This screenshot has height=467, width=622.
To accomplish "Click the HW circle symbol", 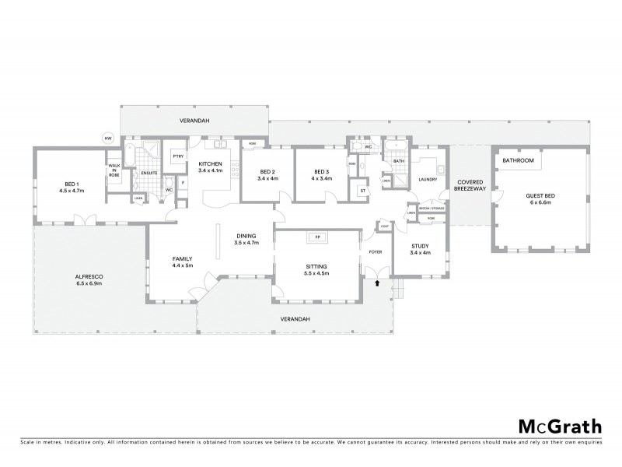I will coord(107,139).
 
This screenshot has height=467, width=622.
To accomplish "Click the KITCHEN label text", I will coord(211,163).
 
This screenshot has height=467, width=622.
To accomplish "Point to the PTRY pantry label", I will coord(177,156).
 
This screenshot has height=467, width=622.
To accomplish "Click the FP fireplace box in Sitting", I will coord(316,237).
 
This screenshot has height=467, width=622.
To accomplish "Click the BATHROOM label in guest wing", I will coord(518,160).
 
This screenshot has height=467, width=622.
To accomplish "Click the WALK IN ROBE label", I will coord(114,171).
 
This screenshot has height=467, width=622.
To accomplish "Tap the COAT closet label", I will coord(384,226).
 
